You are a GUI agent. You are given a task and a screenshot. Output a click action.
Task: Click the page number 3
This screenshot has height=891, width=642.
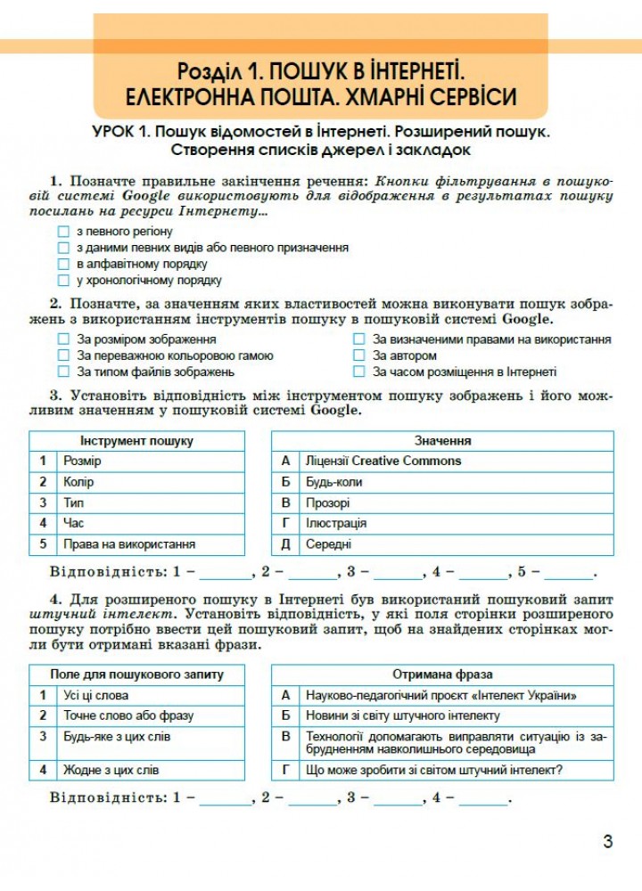coord(608,841)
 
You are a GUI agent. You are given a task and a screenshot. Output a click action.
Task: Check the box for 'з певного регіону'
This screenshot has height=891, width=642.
coord(62,232)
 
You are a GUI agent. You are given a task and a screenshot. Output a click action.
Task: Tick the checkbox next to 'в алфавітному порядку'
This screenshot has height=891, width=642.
coord(62,264)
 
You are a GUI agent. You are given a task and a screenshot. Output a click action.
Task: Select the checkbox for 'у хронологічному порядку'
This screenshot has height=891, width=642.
coord(62,280)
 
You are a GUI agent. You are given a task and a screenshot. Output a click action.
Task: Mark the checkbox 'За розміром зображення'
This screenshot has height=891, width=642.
coord(62,339)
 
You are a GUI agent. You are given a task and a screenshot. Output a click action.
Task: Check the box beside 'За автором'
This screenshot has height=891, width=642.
coord(359,356)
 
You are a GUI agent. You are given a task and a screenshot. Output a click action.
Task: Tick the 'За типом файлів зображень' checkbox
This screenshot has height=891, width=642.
coord(62,372)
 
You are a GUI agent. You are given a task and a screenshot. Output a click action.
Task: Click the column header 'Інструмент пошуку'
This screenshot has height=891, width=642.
coord(136,440)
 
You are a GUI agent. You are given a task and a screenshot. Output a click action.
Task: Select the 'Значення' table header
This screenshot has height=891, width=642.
coord(442,440)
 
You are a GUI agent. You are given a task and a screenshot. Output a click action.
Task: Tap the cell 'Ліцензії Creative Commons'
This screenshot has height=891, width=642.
coord(383,461)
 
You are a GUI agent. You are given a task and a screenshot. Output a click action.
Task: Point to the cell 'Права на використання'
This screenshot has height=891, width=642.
coord(129,544)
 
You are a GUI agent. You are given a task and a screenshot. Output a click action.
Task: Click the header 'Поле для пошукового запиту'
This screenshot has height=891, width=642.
coord(136,674)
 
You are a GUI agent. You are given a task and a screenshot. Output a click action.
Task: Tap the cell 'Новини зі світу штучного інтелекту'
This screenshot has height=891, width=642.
coord(402,715)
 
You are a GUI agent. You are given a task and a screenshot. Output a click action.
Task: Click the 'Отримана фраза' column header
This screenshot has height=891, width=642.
coord(442,674)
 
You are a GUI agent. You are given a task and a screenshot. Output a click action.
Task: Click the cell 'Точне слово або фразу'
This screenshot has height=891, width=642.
coord(128,715)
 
